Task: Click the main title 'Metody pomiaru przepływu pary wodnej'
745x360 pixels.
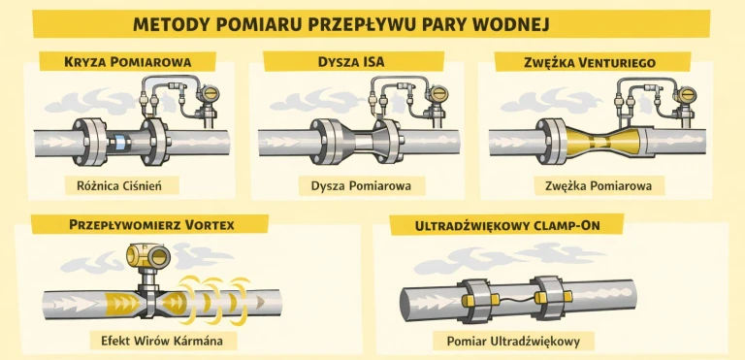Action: pyautogui.click(x=372, y=23)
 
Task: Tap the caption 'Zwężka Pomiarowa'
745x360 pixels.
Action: pyautogui.click(x=592, y=183)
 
